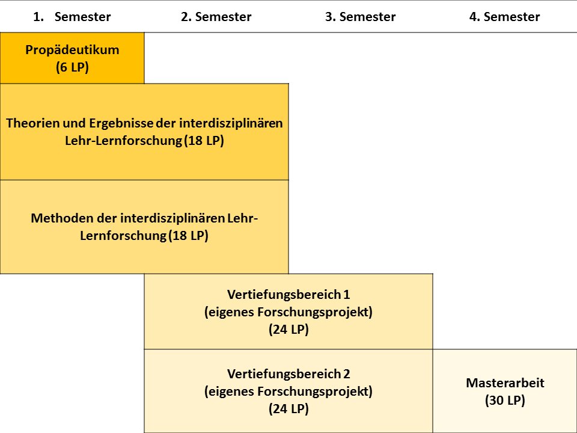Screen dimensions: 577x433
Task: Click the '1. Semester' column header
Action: tap(72, 17)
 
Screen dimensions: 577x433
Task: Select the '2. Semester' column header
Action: tap(216, 17)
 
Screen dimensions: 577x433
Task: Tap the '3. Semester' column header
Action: tap(361, 17)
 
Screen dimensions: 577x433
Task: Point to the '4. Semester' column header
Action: tap(505, 17)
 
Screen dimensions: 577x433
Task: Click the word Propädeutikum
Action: tap(73, 50)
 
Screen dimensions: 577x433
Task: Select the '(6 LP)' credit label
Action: tap(73, 67)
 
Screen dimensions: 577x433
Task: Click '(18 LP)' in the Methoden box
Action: tap(188, 236)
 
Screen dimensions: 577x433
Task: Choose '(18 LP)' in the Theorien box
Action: tap(204, 141)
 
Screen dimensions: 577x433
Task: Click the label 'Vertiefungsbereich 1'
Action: tap(288, 295)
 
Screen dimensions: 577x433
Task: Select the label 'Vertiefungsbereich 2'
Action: tap(288, 373)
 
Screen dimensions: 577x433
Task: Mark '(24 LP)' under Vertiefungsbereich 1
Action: tap(288, 329)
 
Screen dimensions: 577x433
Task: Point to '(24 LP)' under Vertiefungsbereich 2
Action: tap(288, 409)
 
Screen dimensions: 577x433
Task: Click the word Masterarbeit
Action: tap(505, 383)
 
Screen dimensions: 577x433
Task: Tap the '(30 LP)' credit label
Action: tap(505, 401)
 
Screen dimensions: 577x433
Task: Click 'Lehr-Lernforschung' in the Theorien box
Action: tap(123, 141)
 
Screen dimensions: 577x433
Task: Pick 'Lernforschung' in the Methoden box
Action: tap(123, 236)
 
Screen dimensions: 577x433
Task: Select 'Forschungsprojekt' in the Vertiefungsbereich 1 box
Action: tap(314, 312)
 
